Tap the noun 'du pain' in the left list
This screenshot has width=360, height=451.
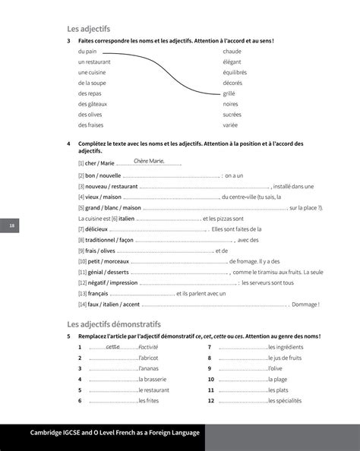[x=87, y=51]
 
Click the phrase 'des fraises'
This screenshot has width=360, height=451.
[x=92, y=125]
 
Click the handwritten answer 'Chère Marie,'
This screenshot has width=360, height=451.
[x=149, y=161]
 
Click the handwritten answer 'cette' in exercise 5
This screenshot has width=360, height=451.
[x=113, y=346]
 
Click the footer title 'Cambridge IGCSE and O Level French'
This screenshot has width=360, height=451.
[x=114, y=433]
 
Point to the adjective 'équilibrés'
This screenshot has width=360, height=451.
[x=236, y=72]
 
